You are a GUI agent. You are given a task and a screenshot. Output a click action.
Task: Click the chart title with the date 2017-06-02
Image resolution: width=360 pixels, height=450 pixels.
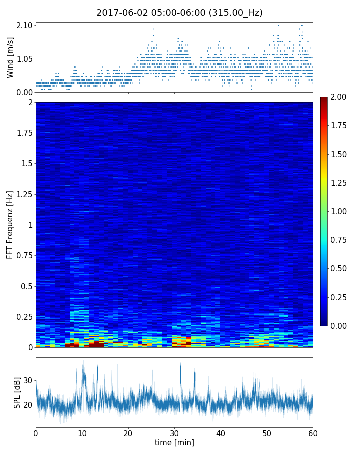coord(179,13)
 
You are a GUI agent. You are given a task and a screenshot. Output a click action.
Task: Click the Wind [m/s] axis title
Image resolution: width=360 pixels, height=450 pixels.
coord(10,57)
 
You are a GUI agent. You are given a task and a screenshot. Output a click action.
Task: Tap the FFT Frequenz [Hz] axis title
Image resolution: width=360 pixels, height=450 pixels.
coord(10,224)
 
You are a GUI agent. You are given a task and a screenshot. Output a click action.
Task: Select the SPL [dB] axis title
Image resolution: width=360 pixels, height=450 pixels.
coord(17,393)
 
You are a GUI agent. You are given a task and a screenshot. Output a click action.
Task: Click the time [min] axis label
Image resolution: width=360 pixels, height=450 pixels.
coord(174,442)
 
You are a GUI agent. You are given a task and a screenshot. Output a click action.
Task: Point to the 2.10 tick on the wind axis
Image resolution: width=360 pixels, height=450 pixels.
coord(24,25)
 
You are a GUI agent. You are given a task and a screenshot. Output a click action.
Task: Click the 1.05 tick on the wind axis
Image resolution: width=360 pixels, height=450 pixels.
coord(24,59)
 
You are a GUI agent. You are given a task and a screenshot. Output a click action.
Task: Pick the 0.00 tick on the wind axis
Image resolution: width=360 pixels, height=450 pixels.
coord(24,92)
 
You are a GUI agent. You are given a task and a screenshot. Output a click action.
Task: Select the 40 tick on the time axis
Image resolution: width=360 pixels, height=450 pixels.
coord(220,433)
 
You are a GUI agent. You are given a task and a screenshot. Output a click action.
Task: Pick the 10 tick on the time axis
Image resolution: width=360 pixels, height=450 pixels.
coord(82,433)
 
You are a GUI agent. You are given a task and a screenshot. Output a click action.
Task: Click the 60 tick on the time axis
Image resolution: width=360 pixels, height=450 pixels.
coord(313,433)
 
